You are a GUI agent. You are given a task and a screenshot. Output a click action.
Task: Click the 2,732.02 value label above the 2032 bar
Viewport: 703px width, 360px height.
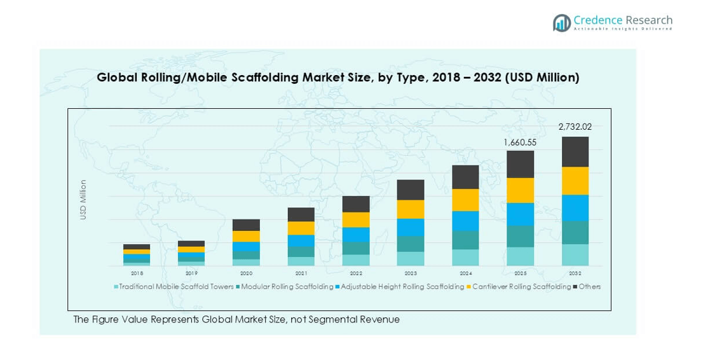pyautogui.click(x=575, y=127)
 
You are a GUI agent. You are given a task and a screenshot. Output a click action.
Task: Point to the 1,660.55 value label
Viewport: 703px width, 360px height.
pyautogui.click(x=519, y=142)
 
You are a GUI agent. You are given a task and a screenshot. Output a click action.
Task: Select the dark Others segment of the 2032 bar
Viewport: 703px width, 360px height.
pyautogui.click(x=575, y=152)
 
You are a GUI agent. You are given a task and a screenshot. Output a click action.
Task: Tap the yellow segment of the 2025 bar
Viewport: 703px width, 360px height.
pyautogui.click(x=520, y=190)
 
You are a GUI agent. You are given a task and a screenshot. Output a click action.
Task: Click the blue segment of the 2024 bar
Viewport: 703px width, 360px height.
pyautogui.click(x=465, y=221)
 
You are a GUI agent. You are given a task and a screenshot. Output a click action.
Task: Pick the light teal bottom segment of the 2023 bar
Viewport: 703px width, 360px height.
pyautogui.click(x=411, y=258)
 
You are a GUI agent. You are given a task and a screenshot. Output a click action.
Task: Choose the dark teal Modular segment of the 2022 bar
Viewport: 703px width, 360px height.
pyautogui.click(x=356, y=248)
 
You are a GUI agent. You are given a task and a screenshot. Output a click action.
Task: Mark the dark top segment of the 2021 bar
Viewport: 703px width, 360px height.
pyautogui.click(x=301, y=214)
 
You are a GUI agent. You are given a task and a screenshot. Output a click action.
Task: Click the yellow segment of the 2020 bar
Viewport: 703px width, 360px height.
pyautogui.click(x=246, y=236)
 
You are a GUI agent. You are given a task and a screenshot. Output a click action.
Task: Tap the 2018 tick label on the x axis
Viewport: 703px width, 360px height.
pyautogui.click(x=137, y=273)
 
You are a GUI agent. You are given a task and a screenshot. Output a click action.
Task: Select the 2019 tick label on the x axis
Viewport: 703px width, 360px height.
pyautogui.click(x=191, y=273)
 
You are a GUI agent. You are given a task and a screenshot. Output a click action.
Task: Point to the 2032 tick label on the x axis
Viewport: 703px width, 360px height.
pyautogui.click(x=575, y=273)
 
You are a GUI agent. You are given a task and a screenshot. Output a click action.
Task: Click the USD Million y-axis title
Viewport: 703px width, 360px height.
pyautogui.click(x=83, y=200)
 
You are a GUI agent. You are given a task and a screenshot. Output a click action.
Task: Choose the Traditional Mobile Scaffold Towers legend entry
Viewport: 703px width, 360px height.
pyautogui.click(x=174, y=287)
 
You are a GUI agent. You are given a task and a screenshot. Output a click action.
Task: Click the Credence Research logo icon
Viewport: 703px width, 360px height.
pyautogui.click(x=562, y=23)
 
